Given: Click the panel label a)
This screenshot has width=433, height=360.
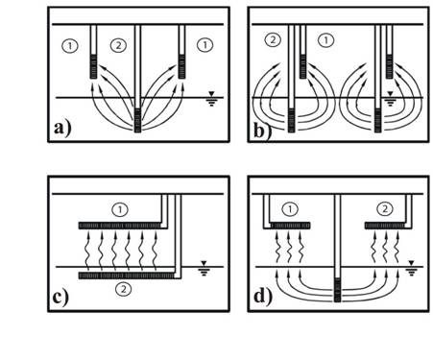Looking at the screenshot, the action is point(62,129).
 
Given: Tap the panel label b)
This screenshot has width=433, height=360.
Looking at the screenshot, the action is point(262,131).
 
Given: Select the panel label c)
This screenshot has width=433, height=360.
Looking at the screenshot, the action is point(60,298).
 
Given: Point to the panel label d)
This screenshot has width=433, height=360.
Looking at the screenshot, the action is point(263,297).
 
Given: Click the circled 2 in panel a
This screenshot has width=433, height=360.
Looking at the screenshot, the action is point(118,45).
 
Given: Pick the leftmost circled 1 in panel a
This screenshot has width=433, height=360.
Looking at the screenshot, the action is point(69,45).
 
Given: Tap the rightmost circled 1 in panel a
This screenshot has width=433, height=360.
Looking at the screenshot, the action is point(204,45).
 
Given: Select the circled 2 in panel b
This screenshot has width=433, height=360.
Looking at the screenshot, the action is point(273,40).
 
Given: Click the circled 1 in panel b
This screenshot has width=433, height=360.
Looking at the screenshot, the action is point(325,40).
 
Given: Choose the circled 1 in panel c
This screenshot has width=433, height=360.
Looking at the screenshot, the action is point(120,210).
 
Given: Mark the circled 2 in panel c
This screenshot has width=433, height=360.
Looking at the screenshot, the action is point(123,289).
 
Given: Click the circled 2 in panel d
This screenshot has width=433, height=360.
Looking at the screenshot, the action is point(385,209).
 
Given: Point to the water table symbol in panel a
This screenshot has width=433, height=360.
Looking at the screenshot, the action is point(211,99).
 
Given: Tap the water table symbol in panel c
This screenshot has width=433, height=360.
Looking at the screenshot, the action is point(204,268).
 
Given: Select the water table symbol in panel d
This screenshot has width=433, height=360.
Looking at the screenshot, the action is point(412,268).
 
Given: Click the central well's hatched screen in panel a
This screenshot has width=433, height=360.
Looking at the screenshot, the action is point(137,120).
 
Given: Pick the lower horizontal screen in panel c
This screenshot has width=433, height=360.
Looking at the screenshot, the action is point(127,276).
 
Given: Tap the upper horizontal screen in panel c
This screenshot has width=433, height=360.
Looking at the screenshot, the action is point(119,226).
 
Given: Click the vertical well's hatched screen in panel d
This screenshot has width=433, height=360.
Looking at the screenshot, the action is point(338,290).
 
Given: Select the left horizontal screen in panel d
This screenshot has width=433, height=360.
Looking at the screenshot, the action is point(290,226).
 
